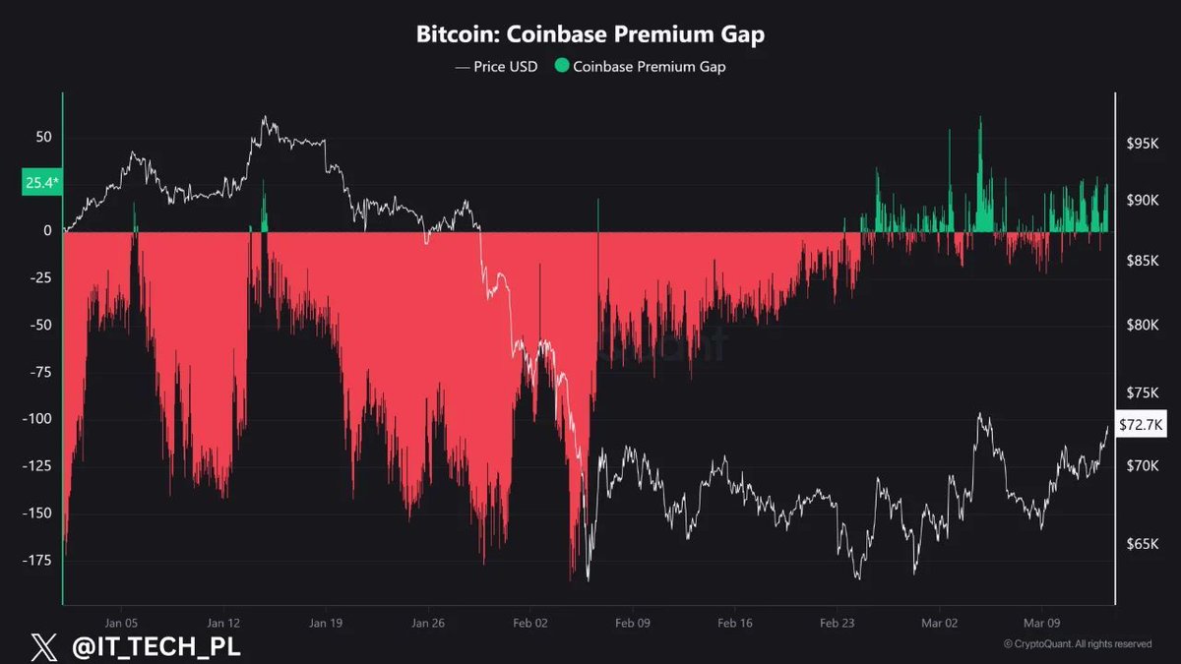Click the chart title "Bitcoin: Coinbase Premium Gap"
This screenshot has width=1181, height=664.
coord(590,34)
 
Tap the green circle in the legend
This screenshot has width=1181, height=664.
coord(561,67)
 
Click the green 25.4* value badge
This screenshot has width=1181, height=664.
coord(40,182)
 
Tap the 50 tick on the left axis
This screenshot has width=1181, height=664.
coord(42,137)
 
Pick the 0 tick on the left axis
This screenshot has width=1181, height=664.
coord(46,230)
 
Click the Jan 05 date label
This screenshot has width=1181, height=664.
coord(120,623)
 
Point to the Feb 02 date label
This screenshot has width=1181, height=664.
coord(529,623)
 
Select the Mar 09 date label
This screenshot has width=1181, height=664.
coord(1041,623)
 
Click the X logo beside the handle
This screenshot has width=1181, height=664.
coord(43,646)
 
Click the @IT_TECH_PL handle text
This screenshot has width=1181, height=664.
coord(157,646)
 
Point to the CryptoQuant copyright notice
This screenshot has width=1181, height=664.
coord(1077,644)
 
